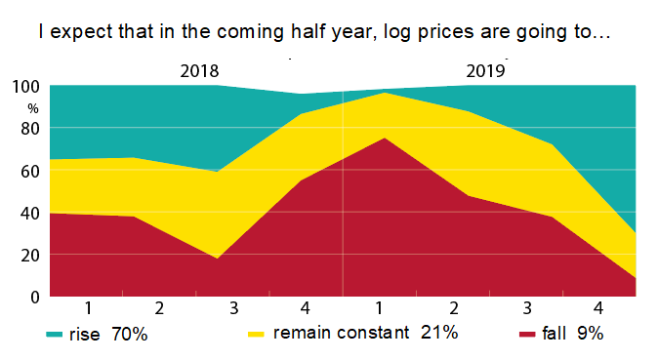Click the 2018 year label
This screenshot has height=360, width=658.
pyautogui.click(x=199, y=70)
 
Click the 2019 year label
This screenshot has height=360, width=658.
pyautogui.click(x=485, y=70)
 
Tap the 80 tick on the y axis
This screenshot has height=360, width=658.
pyautogui.click(x=28, y=128)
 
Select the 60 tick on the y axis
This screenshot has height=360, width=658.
pyautogui.click(x=28, y=171)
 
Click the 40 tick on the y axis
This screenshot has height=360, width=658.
pyautogui.click(x=28, y=213)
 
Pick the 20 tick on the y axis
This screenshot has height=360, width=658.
pyautogui.click(x=28, y=255)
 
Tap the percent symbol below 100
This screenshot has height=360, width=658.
pyautogui.click(x=32, y=108)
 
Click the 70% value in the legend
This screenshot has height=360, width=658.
pyautogui.click(x=128, y=335)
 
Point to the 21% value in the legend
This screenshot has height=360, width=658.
pyautogui.click(x=438, y=334)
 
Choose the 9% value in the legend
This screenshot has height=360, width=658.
pyautogui.click(x=591, y=335)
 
